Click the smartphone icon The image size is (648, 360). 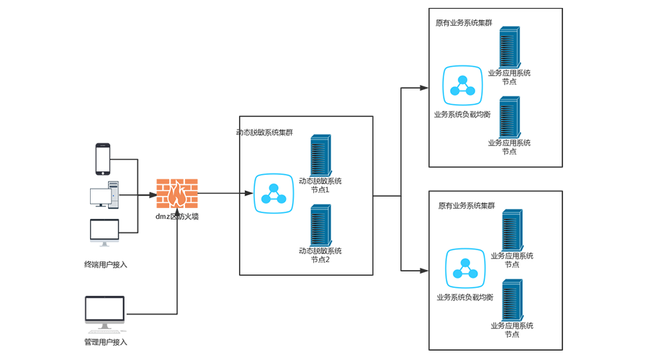tap(103, 158)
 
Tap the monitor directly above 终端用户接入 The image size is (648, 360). tap(104, 233)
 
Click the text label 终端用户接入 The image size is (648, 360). tap(105, 264)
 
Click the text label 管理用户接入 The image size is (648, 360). tap(105, 342)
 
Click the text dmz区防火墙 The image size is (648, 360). tap(177, 215)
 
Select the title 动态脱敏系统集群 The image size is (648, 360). tap(265, 132)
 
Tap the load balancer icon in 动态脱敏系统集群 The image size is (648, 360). tap(274, 194)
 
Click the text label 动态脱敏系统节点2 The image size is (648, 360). tap(320, 255)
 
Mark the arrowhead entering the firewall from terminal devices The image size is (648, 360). tap(153, 195)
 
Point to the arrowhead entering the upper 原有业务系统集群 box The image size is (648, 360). tap(424, 88)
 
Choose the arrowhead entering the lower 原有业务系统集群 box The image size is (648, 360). tap(424, 271)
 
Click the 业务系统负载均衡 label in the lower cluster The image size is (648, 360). tap(464, 297)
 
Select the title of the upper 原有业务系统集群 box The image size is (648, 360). tap(464, 22)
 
